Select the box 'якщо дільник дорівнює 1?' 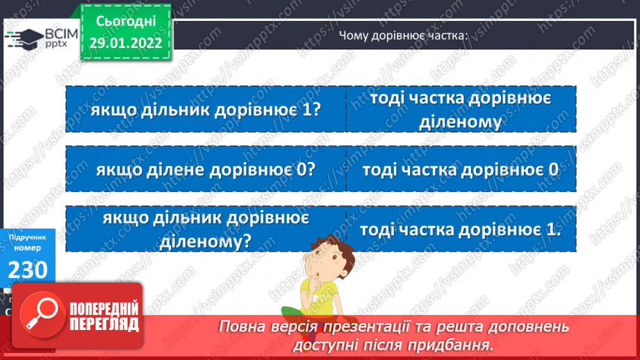click(206, 109)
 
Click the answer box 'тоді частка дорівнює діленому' click(461, 109)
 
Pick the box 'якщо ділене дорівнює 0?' click(206, 169)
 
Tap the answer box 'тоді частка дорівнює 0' click(461, 169)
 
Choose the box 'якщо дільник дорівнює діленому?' click(206, 229)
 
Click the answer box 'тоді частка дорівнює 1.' click(461, 229)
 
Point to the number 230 click(28, 268)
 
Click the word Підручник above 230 click(28, 238)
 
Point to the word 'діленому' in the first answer click(461, 123)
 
